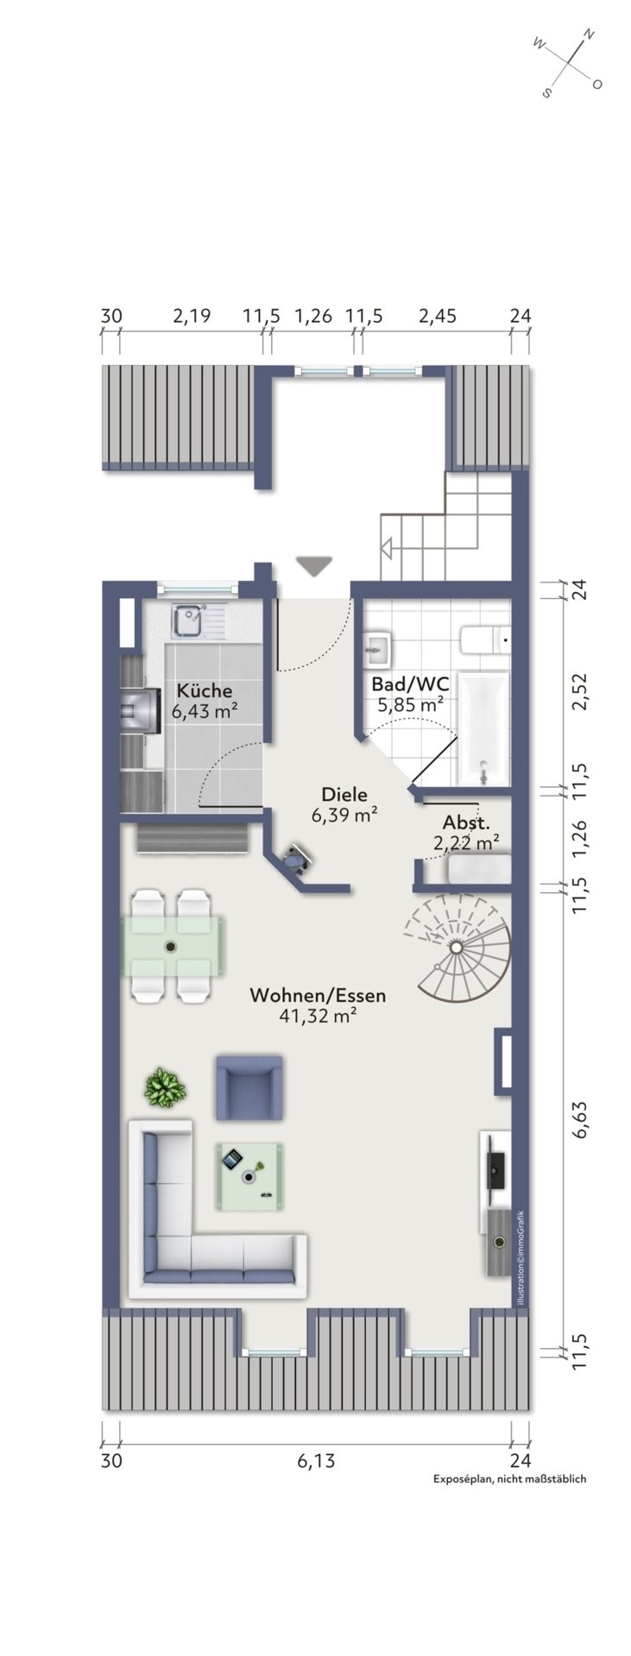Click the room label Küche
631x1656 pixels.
tap(204, 690)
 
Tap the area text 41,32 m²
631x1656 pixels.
tap(318, 1016)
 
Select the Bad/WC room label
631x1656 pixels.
tap(410, 683)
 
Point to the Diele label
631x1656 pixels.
tap(344, 794)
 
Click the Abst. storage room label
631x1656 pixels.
tap(466, 822)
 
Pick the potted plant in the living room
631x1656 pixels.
tap(164, 1087)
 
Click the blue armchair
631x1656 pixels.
tap(249, 1087)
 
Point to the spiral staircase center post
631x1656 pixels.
tap(455, 947)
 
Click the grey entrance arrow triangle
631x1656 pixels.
tap(314, 566)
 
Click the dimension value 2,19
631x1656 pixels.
tap(191, 316)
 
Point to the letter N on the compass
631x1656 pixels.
tap(589, 35)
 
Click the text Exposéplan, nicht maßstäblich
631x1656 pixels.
tap(509, 1478)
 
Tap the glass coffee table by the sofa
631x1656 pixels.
tap(249, 1172)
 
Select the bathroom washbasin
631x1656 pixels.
tap(378, 647)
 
